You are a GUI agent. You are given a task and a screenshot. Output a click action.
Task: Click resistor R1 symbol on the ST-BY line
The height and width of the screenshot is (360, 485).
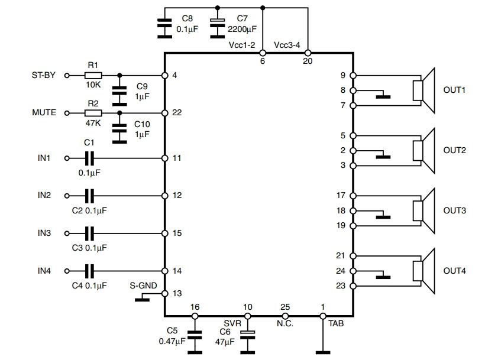(93, 76)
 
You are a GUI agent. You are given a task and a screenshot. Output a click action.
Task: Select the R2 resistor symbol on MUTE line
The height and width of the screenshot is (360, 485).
(93, 113)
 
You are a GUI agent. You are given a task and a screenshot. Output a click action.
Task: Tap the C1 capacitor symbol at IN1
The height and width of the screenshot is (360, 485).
(89, 158)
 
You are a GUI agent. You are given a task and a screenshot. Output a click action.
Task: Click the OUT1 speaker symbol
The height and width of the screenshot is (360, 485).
(423, 90)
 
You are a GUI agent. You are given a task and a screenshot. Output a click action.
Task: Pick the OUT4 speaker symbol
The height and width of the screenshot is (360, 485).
(423, 271)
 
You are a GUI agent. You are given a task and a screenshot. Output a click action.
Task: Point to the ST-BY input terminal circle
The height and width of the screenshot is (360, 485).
(67, 76)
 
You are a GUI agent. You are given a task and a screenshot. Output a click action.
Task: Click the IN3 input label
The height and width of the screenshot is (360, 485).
(44, 233)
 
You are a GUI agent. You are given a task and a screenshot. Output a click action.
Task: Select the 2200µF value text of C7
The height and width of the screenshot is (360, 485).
(242, 30)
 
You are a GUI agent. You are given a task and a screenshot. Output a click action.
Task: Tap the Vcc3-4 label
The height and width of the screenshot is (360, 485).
(287, 45)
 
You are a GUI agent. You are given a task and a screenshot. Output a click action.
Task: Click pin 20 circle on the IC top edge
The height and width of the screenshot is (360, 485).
(308, 53)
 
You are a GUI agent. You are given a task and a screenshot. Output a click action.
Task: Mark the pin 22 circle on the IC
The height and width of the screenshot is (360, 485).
(165, 113)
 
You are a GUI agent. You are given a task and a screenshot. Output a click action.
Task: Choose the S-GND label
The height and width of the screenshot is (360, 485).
(143, 286)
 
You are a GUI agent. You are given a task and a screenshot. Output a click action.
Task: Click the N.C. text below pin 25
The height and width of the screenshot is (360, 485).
(285, 323)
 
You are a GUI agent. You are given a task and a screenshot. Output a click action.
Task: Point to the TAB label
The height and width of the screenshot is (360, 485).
(336, 323)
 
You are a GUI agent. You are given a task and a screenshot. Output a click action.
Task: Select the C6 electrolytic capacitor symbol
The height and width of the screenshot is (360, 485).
(248, 335)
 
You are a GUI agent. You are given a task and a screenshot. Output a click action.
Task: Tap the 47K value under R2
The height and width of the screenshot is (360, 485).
(93, 124)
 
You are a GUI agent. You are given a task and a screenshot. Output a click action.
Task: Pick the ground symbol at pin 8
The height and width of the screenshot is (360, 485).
(383, 95)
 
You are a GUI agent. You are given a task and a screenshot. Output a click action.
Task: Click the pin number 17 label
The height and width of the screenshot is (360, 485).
(341, 195)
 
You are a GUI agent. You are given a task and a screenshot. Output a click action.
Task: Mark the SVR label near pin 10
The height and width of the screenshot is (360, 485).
(232, 323)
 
